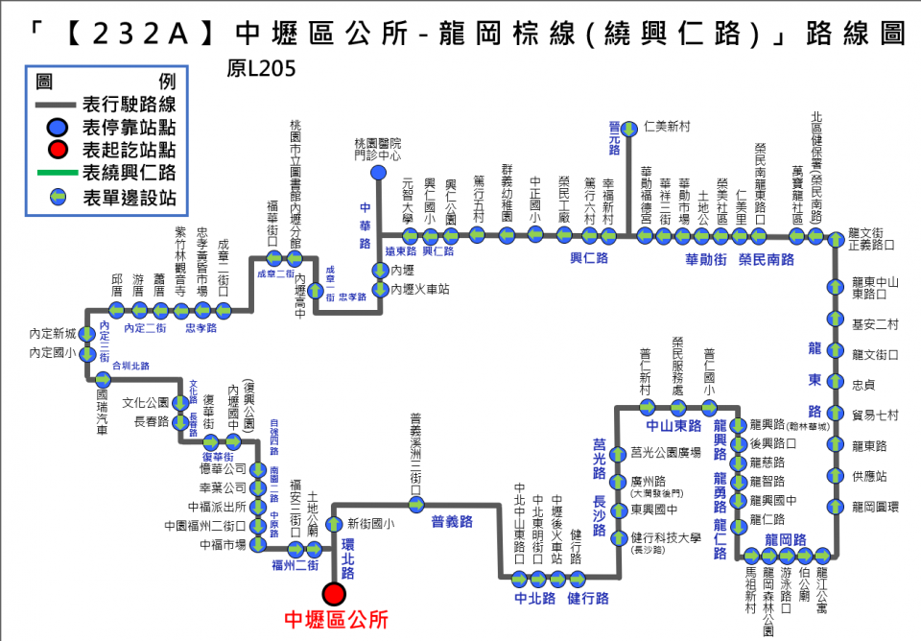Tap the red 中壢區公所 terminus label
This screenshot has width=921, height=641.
[337, 621]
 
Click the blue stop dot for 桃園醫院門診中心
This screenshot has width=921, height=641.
[379, 172]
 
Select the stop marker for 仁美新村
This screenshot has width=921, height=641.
[629, 127]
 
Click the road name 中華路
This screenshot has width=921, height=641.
[365, 226]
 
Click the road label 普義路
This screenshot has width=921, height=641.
[452, 522]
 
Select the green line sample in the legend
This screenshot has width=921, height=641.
[57, 174]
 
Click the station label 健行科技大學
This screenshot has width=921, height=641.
[666, 537]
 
